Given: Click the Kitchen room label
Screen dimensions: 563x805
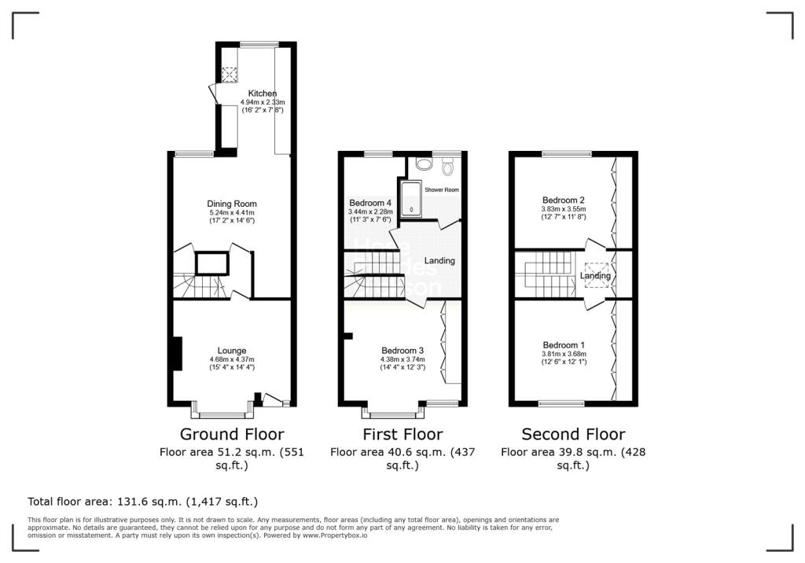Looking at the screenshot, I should (x=262, y=94).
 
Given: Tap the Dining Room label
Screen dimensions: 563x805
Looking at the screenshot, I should (x=233, y=204).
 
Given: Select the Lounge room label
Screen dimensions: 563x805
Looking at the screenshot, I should (x=232, y=351).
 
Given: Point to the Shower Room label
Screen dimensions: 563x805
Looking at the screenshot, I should (x=441, y=190).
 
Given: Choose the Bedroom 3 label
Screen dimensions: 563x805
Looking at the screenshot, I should (x=402, y=351).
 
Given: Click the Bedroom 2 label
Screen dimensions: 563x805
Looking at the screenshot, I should (x=563, y=200).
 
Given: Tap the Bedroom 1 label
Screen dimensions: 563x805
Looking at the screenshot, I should (x=564, y=345).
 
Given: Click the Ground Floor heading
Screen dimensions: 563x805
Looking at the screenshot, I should (x=232, y=434).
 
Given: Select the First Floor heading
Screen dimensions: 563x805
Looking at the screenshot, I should (x=402, y=434).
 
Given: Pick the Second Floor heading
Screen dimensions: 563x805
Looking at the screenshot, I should (x=573, y=434).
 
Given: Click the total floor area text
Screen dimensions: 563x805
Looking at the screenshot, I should (x=142, y=501).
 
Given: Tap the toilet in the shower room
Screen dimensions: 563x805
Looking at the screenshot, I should (x=449, y=166).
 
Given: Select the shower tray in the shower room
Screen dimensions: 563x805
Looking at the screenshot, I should (x=410, y=198).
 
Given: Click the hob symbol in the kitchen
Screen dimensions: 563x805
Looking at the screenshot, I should (x=230, y=75).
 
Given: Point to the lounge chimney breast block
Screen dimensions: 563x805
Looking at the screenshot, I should (x=178, y=353).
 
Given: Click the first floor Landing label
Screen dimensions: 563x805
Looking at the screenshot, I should (x=439, y=261).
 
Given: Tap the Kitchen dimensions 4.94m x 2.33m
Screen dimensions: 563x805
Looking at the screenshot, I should (x=262, y=102).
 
